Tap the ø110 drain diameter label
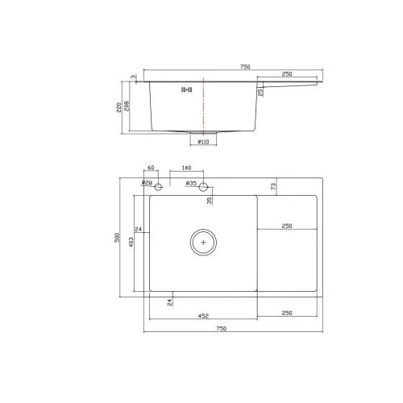(x=202, y=142)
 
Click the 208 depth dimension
(x=129, y=106)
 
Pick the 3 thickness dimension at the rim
(x=134, y=78)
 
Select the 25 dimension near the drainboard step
(x=260, y=93)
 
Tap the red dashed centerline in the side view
(x=203, y=105)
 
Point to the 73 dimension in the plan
(x=274, y=186)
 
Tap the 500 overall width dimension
(x=117, y=239)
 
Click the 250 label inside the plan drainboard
(x=287, y=226)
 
